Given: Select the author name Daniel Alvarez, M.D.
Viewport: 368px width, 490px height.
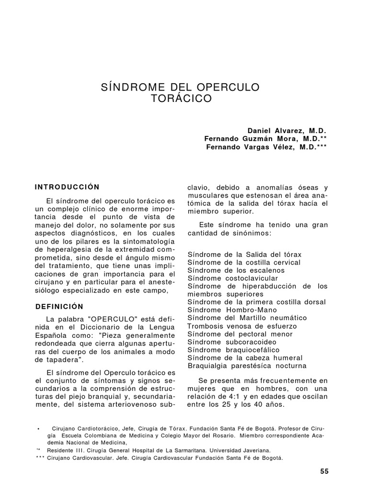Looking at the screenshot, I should click(287, 130).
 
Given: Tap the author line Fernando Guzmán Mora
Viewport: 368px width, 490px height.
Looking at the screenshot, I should click(265, 138).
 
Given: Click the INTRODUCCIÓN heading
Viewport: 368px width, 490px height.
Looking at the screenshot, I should click(68, 187).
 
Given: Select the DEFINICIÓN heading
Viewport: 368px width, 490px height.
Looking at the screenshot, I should click(59, 306).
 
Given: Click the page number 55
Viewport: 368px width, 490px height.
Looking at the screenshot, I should click(324, 471).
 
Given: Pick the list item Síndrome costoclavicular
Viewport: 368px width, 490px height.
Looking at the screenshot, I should click(232, 278).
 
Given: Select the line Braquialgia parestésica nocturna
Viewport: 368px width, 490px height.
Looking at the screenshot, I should click(247, 366).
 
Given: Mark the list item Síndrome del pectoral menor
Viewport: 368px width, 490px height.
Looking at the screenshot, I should click(239, 334).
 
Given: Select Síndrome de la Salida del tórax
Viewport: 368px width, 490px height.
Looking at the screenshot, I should click(244, 254).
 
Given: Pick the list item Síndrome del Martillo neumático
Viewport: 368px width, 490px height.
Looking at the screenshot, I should click(247, 318).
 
